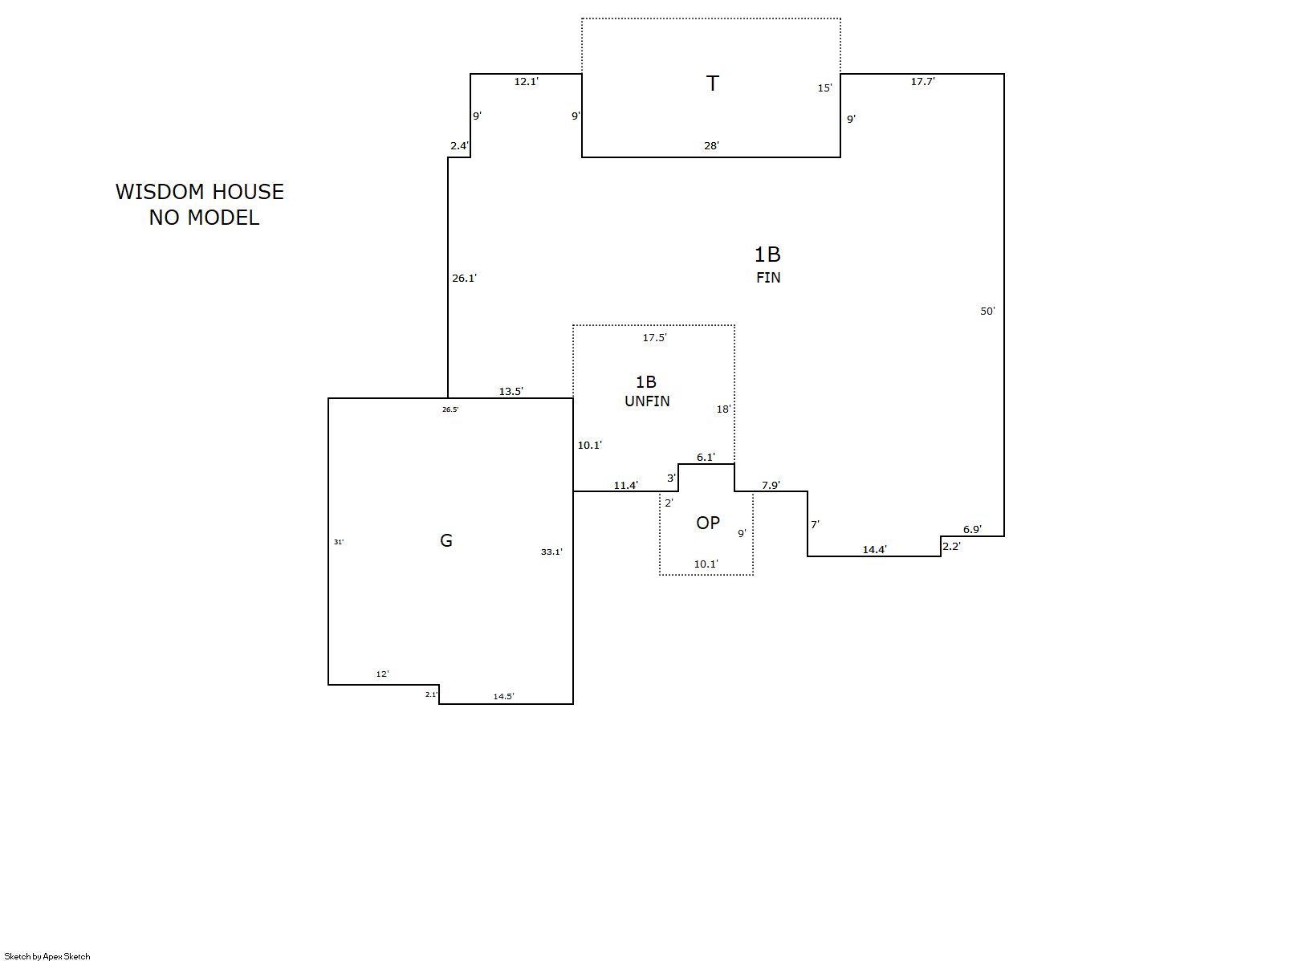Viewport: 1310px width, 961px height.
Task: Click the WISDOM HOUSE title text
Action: [199, 192]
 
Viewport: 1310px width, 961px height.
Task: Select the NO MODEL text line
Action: [204, 218]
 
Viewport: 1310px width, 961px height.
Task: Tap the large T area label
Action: [712, 83]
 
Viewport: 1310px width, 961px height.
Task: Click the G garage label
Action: [446, 540]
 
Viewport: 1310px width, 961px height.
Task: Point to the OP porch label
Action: [708, 523]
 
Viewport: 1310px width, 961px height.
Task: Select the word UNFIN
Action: [648, 401]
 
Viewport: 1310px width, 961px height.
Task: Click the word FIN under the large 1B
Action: [768, 278]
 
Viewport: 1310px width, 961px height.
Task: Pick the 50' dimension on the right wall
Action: [988, 312]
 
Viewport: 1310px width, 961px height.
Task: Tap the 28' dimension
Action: [712, 145]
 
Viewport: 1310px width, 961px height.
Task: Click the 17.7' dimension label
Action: [923, 82]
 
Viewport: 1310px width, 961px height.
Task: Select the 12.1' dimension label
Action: [527, 82]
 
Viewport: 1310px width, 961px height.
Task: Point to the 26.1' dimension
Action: [464, 279]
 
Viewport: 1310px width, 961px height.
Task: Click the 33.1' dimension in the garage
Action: [551, 552]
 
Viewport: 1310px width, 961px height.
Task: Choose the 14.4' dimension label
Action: [875, 550]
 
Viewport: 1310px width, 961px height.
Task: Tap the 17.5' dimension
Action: [655, 338]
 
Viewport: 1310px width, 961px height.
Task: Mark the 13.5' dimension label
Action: [511, 392]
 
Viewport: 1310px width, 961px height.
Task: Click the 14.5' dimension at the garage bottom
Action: [503, 697]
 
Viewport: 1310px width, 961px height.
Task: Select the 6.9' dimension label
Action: [973, 530]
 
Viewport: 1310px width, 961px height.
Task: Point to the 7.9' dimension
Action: [771, 486]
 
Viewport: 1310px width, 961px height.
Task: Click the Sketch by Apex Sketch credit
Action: [47, 956]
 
